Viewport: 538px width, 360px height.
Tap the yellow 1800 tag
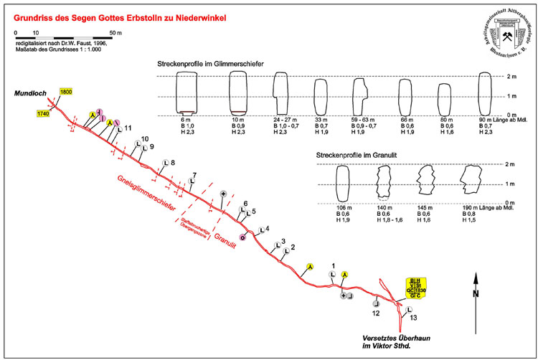[67, 92]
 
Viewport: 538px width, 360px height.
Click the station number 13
[414, 316]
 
